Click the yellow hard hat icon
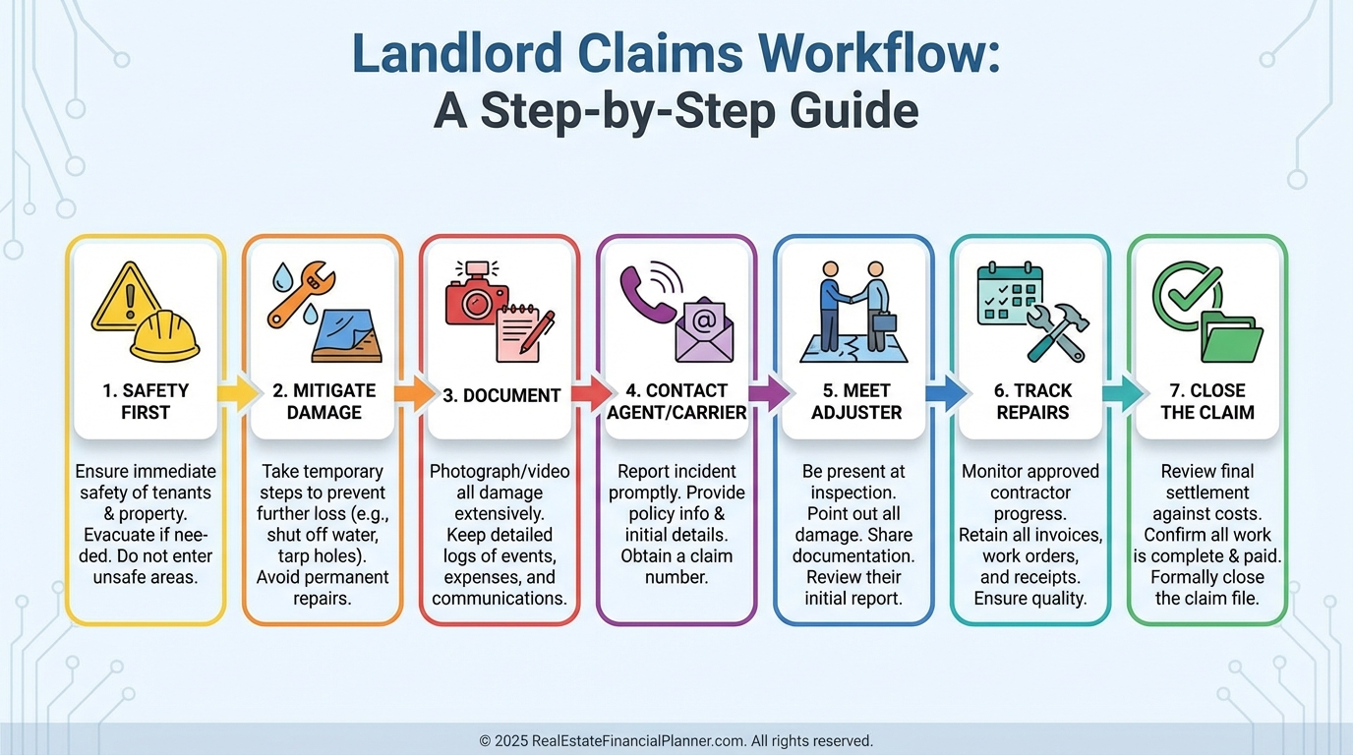tap(165, 336)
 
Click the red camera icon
tap(477, 296)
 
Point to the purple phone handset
tap(644, 293)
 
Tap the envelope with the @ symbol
tap(704, 328)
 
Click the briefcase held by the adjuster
tap(885, 321)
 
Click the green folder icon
tap(1232, 338)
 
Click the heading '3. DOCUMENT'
tap(501, 395)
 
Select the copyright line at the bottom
tap(676, 740)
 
